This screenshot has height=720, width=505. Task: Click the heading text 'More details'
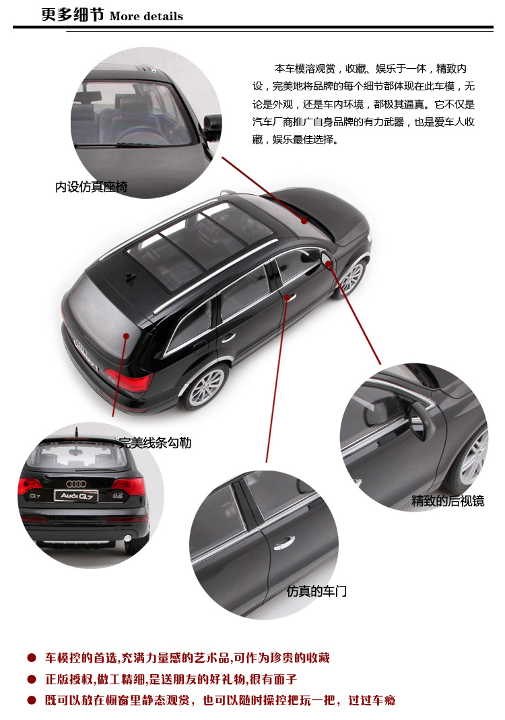pyautogui.click(x=146, y=16)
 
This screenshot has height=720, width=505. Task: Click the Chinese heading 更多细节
pyautogui.click(x=73, y=15)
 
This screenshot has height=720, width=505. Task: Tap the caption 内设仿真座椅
pyautogui.click(x=92, y=187)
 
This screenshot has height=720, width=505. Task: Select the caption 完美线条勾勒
pyautogui.click(x=155, y=443)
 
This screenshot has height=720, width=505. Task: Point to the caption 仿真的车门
pyautogui.click(x=316, y=591)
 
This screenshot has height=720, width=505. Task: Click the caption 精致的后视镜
pyautogui.click(x=448, y=500)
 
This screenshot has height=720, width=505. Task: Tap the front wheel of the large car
pyautogui.click(x=351, y=278)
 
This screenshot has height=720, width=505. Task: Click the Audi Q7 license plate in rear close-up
pyautogui.click(x=76, y=496)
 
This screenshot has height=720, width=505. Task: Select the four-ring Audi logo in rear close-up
pyautogui.click(x=76, y=483)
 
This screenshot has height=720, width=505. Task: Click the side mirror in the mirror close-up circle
pyautogui.click(x=422, y=419)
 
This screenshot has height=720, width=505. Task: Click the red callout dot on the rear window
pyautogui.click(x=126, y=336)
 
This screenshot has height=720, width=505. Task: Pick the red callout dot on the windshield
pyautogui.click(x=304, y=221)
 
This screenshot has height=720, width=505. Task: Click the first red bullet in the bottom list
pyautogui.click(x=32, y=658)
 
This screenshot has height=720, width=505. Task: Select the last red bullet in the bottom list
pyautogui.click(x=32, y=700)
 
